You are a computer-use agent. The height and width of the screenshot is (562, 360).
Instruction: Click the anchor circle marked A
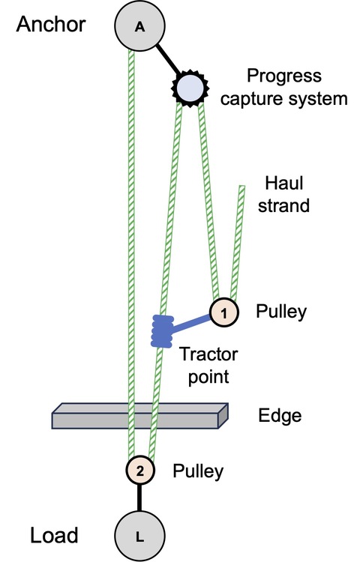tap(139, 25)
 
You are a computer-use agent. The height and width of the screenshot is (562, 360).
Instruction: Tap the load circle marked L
tap(139, 537)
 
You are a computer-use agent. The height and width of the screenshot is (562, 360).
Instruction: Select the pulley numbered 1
tap(224, 312)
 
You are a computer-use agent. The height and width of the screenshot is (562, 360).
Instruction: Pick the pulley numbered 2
tap(139, 471)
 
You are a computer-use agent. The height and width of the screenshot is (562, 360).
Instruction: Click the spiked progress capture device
tap(190, 88)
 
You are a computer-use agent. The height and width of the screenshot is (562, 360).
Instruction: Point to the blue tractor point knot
tap(162, 331)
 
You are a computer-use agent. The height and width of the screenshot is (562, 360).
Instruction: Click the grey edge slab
tap(139, 416)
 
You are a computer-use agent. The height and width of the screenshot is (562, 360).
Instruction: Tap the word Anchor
tap(51, 25)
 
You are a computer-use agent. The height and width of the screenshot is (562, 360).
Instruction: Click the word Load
tap(54, 536)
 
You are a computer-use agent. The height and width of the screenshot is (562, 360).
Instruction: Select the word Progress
tap(284, 76)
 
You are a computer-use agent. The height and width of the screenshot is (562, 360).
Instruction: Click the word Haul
tap(284, 183)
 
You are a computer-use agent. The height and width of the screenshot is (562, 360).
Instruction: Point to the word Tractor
tap(208, 354)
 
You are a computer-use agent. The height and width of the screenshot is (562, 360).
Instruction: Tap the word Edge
tap(280, 416)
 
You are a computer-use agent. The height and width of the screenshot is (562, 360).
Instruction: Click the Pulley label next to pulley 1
tap(281, 312)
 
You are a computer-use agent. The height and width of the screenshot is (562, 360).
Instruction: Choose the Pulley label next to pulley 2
tap(198, 471)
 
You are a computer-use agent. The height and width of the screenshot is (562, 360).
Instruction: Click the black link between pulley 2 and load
tap(139, 498)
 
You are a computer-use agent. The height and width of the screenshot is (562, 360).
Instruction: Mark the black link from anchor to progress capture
tap(167, 58)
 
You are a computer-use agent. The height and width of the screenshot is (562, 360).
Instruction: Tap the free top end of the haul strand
tap(242, 186)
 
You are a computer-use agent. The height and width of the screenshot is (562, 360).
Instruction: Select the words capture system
tap(284, 99)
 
